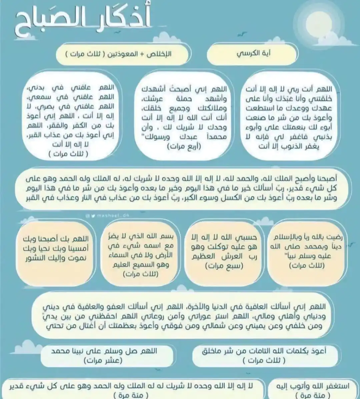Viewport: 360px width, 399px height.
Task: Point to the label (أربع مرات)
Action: click(x=184, y=146)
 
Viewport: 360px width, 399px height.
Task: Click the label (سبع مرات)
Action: click(x=224, y=266)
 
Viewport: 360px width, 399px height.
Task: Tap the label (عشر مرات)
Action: click(x=103, y=360)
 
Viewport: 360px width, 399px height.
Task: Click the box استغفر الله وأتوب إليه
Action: click(x=313, y=389)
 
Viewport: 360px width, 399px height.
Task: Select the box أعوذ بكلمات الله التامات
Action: click(x=264, y=355)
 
